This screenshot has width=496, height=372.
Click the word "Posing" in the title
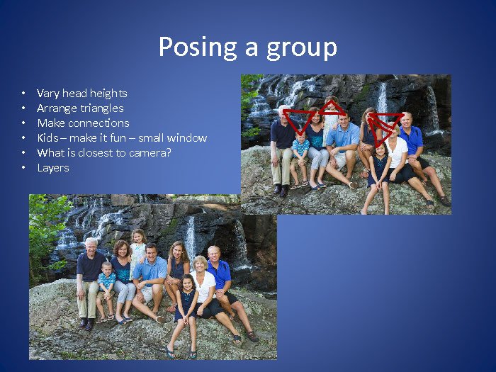(x=198, y=47)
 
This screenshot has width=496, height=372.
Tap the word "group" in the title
(x=302, y=48)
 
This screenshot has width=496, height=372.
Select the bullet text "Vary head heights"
(x=82, y=94)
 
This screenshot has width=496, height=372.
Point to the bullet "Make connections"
(x=83, y=123)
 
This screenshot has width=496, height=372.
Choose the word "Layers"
(x=53, y=168)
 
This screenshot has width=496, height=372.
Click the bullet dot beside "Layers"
(x=23, y=168)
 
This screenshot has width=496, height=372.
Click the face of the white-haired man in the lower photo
(x=91, y=247)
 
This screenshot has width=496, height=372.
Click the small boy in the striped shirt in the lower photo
(x=106, y=291)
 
